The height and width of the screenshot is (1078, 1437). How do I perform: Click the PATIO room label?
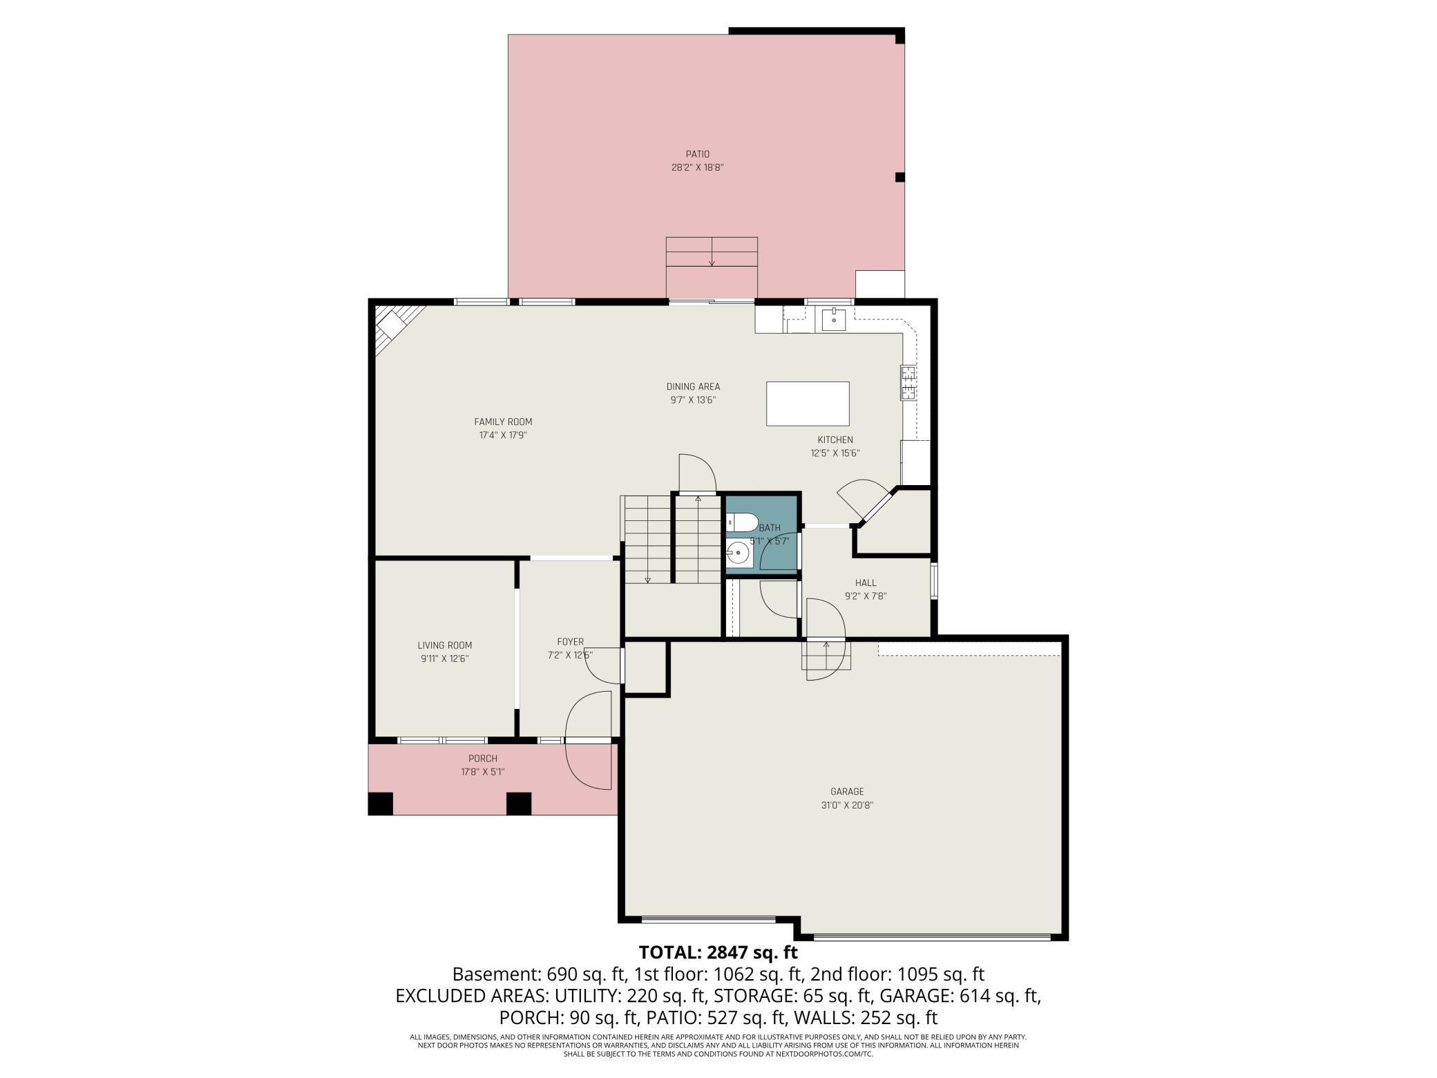[x=697, y=154]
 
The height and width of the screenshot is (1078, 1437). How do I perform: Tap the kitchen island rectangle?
[x=808, y=404]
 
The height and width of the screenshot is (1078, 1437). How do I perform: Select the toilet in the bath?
[x=741, y=522]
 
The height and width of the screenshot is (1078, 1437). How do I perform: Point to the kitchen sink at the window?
[x=834, y=319]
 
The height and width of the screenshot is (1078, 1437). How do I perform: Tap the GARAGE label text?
[x=847, y=792]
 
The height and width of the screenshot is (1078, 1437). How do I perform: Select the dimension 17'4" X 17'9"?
[x=504, y=435]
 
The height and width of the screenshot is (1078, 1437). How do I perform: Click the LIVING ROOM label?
[x=445, y=645]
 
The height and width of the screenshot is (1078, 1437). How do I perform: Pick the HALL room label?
[x=866, y=583]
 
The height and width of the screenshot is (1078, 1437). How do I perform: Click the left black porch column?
[x=380, y=804]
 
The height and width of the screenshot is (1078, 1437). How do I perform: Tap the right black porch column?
[x=519, y=804]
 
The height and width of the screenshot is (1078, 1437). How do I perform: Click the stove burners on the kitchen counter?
[x=908, y=383]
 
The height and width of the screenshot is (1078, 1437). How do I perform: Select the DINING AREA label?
[x=693, y=387]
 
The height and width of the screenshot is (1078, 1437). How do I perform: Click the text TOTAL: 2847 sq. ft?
[x=718, y=952]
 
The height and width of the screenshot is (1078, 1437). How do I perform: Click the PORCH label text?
[x=483, y=759]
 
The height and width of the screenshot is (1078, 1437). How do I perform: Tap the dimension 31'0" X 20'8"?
[x=847, y=805]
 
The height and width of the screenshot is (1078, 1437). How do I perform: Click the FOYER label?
[x=571, y=642]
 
